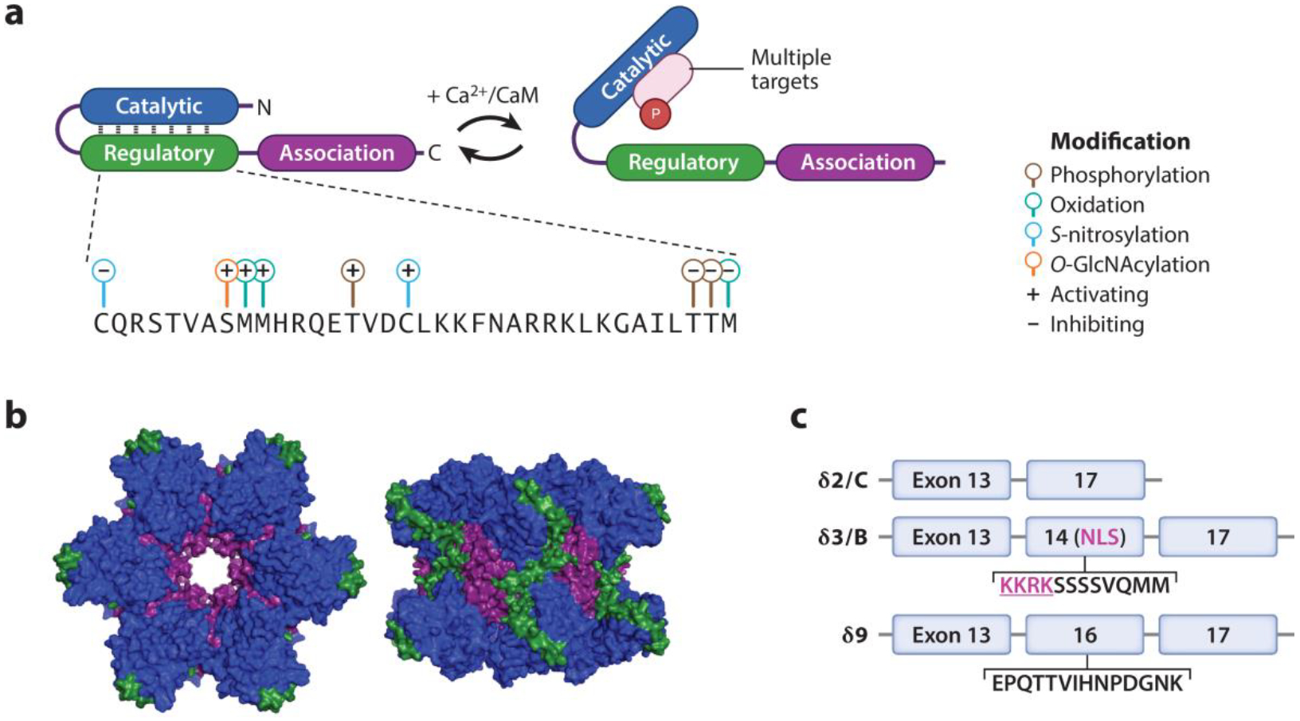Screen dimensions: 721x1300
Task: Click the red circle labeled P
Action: pyautogui.click(x=655, y=114)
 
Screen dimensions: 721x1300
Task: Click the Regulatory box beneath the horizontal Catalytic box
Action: pyautogui.click(x=159, y=153)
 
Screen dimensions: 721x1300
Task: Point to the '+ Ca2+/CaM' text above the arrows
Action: pyautogui.click(x=483, y=96)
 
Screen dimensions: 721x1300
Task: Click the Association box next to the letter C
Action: pyautogui.click(x=336, y=153)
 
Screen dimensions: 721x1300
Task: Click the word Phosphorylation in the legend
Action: pyautogui.click(x=1129, y=174)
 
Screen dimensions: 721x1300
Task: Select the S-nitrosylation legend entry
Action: pyautogui.click(x=1118, y=234)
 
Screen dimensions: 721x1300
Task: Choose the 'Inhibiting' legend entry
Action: pyautogui.click(x=1096, y=324)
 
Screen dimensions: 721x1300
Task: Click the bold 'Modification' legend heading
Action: pyautogui.click(x=1119, y=141)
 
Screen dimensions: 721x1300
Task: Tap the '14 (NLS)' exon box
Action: pyautogui.click(x=1084, y=537)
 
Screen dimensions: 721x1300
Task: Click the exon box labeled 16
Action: pyautogui.click(x=1084, y=635)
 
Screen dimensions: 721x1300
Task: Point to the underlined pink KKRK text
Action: pyautogui.click(x=1026, y=586)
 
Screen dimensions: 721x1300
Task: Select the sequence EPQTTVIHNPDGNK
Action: pyautogui.click(x=1087, y=684)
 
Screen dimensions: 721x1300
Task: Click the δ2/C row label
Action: pyautogui.click(x=843, y=480)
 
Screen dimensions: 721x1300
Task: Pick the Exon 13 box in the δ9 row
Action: pyautogui.click(x=951, y=635)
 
